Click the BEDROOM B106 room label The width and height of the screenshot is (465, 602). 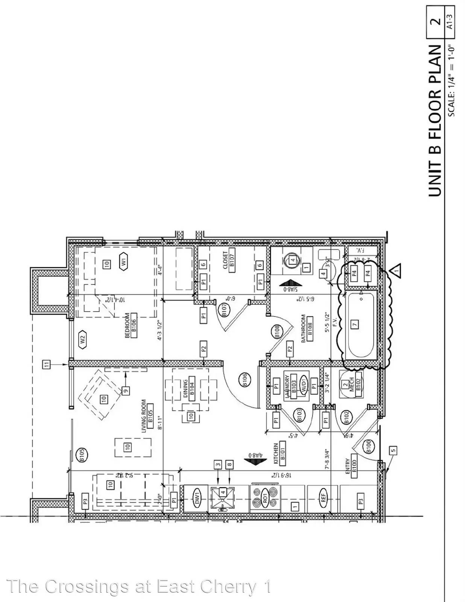coord(131,325)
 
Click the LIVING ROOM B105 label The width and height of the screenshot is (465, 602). coord(147,416)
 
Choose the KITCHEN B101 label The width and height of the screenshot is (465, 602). coord(280,453)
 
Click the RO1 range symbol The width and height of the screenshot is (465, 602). coord(265,499)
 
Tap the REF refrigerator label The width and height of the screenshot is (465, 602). coord(323,499)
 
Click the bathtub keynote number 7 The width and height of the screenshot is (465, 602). coord(355,324)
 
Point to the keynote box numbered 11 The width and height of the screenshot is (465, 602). coord(46,364)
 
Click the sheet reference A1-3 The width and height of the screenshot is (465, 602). coord(449,21)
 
